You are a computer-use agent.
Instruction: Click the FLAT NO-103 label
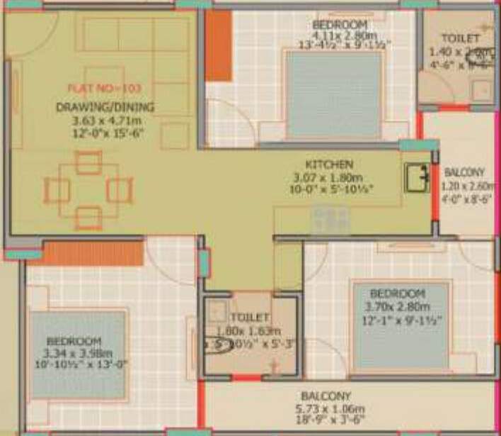click(104, 88)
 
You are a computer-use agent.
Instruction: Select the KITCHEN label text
click(329, 164)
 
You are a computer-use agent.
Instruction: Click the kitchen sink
click(417, 177)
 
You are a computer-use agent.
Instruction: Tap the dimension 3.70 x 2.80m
click(397, 307)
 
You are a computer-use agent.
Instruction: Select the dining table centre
click(88, 190)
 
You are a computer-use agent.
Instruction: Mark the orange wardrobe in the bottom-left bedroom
click(94, 252)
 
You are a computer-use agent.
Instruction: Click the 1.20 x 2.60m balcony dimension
click(466, 186)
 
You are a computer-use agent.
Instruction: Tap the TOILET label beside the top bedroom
click(460, 38)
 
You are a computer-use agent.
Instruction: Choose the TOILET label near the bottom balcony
click(249, 318)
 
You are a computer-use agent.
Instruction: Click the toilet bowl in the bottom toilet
click(219, 347)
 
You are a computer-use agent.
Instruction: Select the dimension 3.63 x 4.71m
click(104, 121)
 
